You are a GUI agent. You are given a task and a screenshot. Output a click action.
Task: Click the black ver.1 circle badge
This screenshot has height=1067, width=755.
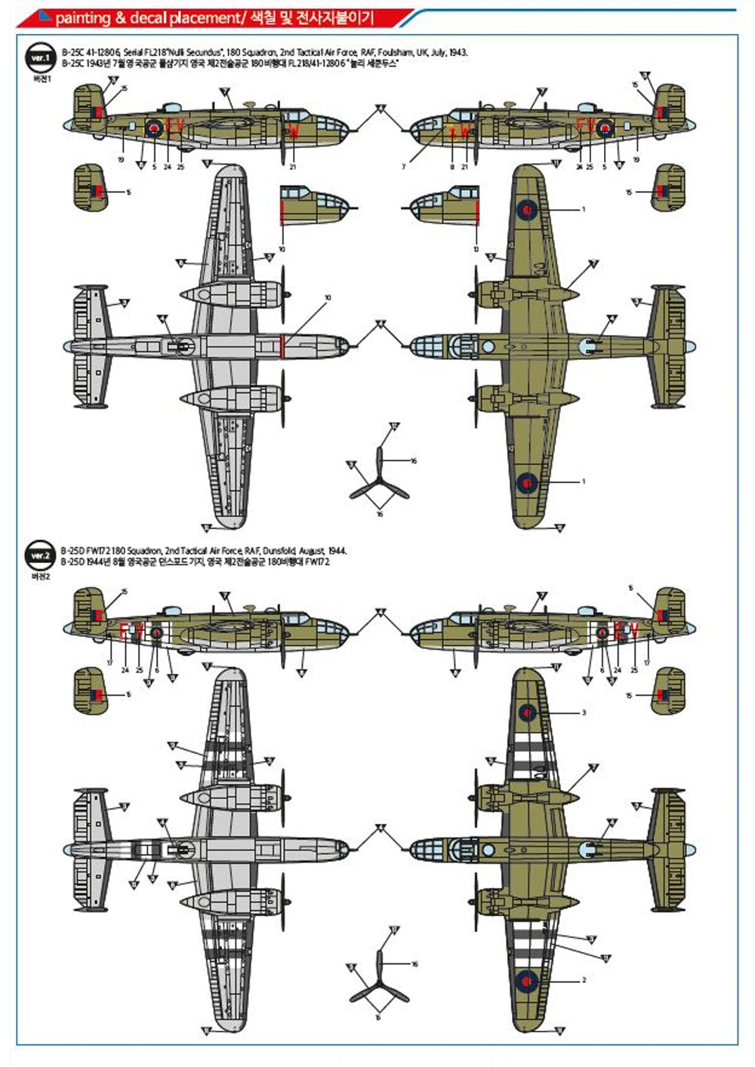click(x=39, y=58)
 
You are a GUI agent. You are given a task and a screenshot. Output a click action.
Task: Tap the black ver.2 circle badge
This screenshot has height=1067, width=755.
click(x=39, y=555)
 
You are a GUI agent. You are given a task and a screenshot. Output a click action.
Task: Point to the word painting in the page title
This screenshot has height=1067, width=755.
click(x=82, y=17)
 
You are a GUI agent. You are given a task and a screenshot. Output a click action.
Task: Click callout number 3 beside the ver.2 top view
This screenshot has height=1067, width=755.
click(x=583, y=712)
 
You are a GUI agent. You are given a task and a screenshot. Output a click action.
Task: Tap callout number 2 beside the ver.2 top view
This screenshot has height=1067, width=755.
click(x=583, y=980)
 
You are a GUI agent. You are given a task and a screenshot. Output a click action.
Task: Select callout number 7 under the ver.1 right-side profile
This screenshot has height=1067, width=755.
click(x=403, y=167)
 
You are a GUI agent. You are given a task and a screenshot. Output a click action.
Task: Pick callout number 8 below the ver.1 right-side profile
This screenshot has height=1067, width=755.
click(x=451, y=167)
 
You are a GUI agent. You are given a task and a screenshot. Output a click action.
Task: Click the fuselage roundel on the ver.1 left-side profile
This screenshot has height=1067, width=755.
click(x=154, y=128)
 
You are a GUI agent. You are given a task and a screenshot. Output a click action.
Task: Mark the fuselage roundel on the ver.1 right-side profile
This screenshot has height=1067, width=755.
click(x=605, y=128)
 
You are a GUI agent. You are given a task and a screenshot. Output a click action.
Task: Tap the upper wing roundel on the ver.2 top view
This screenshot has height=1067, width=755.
click(x=526, y=711)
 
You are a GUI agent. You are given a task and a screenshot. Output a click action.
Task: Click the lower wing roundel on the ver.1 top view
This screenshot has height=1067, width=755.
click(x=526, y=481)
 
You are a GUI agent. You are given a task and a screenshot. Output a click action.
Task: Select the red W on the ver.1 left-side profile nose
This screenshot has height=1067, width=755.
click(x=292, y=130)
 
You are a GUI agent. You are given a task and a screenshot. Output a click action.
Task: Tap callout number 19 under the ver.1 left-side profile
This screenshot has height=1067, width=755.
click(x=121, y=160)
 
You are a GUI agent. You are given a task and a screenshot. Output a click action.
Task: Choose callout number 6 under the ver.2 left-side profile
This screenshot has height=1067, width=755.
click(x=156, y=669)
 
